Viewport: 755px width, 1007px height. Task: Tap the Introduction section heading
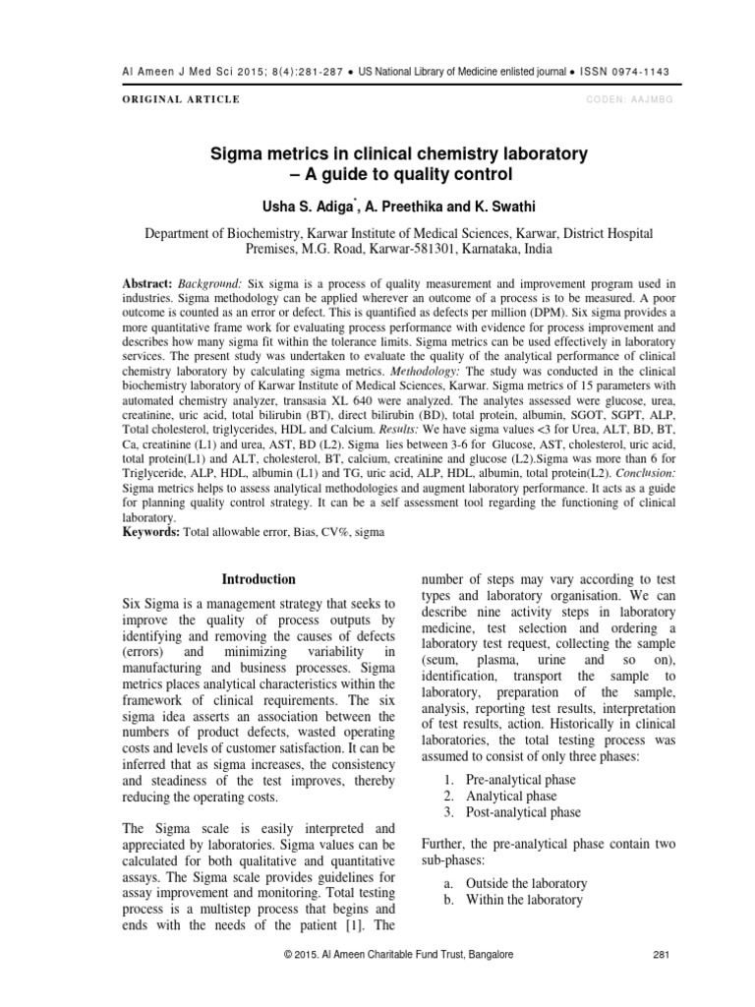259,579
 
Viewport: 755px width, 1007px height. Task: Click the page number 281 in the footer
661,954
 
